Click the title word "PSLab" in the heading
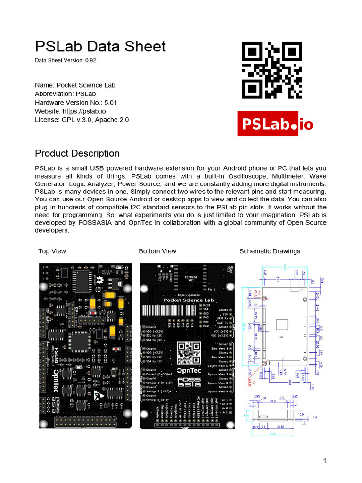click(x=57, y=46)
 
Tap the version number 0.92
click(x=90, y=61)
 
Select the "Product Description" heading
click(x=77, y=153)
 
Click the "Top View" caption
click(x=52, y=251)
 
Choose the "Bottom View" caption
click(x=157, y=251)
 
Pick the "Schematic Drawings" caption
click(x=270, y=251)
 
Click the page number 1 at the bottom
click(x=325, y=461)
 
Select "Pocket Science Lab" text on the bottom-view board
click(x=189, y=300)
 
